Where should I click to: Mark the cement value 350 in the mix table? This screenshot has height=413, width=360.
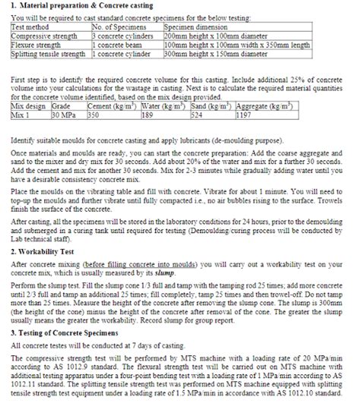pos(94,114)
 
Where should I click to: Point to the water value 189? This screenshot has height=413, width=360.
pos(150,114)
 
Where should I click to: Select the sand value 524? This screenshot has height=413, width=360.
pos(197,114)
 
